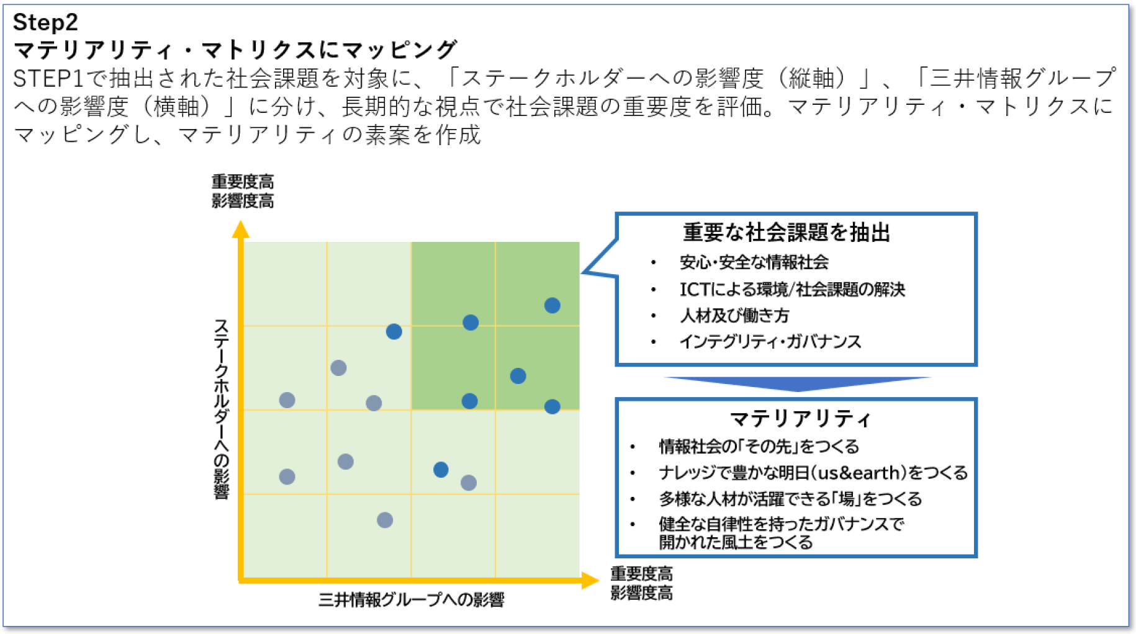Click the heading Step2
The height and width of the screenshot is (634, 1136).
click(45, 22)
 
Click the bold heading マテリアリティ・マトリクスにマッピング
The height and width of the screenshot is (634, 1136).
click(235, 50)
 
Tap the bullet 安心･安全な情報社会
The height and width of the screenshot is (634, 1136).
click(754, 262)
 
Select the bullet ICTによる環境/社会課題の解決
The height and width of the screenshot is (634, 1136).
click(792, 289)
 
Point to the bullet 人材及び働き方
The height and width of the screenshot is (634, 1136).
click(734, 316)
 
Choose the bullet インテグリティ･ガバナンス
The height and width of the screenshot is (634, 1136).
click(770, 342)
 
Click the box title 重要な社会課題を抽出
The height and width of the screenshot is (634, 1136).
click(787, 233)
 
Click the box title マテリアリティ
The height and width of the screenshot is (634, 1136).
click(800, 419)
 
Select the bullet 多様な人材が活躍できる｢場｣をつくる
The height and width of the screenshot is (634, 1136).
click(790, 499)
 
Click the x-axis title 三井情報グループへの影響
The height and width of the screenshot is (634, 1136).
click(411, 600)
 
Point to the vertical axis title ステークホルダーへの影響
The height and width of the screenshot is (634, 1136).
click(222, 409)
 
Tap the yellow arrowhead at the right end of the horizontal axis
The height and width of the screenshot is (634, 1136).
click(590, 581)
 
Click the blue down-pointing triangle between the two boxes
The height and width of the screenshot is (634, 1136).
click(798, 383)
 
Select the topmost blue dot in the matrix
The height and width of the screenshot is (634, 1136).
click(552, 305)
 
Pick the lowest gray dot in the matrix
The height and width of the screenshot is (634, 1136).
click(385, 520)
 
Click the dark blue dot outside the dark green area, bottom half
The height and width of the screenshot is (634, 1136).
click(441, 470)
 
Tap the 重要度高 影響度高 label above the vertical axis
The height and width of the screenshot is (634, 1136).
click(243, 191)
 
